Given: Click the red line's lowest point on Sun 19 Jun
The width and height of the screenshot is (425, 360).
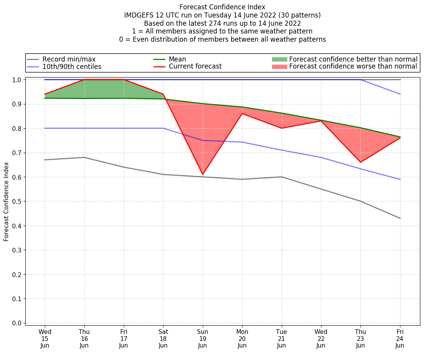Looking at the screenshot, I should click(202, 175).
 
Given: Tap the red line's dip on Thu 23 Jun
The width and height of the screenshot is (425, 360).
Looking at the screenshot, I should click(360, 162).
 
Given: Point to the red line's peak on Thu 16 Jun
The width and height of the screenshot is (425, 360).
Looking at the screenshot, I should click(84, 79).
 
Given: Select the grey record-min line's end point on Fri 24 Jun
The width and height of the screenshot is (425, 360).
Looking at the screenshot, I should click(400, 218).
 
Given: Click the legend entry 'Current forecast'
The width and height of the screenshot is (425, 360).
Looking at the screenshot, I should click(195, 67).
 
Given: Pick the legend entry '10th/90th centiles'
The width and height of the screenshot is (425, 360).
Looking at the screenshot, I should click(72, 67).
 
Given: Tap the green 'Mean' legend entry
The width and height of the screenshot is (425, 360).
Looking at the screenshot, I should click(177, 59).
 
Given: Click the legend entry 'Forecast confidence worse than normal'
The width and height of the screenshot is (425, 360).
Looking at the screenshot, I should click(353, 67).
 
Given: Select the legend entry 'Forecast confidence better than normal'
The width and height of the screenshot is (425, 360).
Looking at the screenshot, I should click(353, 59).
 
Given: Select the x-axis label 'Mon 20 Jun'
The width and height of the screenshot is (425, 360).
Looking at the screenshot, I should click(242, 339).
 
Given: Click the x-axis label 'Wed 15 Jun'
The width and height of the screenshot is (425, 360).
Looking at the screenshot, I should click(45, 339).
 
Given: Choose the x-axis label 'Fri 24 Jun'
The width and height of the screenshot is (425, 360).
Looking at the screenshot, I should click(400, 339).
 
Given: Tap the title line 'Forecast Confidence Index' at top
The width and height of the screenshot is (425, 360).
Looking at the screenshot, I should click(222, 7).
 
